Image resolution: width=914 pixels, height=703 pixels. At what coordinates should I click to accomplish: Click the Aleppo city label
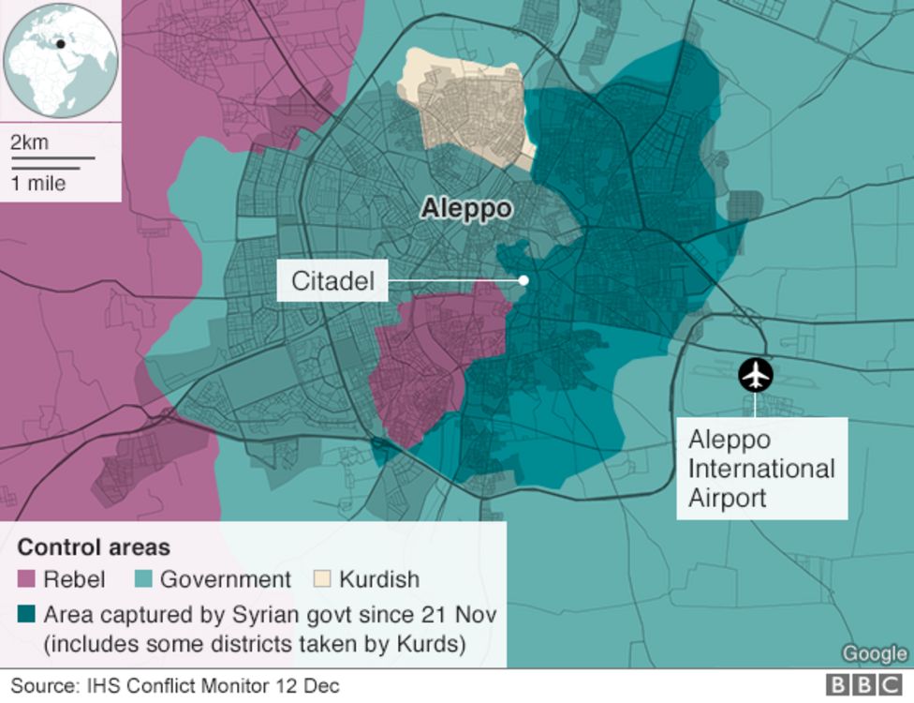click(x=466, y=208)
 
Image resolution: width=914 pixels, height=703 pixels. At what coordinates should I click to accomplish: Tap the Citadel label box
click(x=332, y=280)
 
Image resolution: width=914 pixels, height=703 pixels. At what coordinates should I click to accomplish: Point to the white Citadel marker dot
click(x=523, y=280)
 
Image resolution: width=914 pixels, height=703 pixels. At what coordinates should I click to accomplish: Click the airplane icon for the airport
click(x=755, y=375)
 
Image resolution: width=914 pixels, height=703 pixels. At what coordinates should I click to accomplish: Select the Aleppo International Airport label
click(x=761, y=469)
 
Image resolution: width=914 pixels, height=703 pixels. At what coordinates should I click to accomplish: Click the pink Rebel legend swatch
click(x=26, y=580)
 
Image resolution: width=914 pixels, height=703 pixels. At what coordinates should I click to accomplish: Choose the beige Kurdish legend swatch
click(x=321, y=580)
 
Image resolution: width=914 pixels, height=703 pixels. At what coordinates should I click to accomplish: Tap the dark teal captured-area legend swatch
click(x=26, y=616)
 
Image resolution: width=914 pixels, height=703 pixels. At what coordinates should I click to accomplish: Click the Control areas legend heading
click(x=94, y=547)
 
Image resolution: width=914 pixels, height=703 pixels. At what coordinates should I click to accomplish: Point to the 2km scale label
click(x=29, y=143)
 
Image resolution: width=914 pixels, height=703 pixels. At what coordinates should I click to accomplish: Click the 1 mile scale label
click(x=38, y=183)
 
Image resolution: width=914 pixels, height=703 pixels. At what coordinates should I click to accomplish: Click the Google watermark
click(x=875, y=653)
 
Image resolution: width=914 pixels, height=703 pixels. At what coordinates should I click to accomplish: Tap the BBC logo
click(x=863, y=686)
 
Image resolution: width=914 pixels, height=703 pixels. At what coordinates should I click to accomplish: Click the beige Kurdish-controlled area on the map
click(x=464, y=108)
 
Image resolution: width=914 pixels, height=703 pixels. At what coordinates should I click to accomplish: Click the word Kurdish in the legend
click(x=379, y=580)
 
